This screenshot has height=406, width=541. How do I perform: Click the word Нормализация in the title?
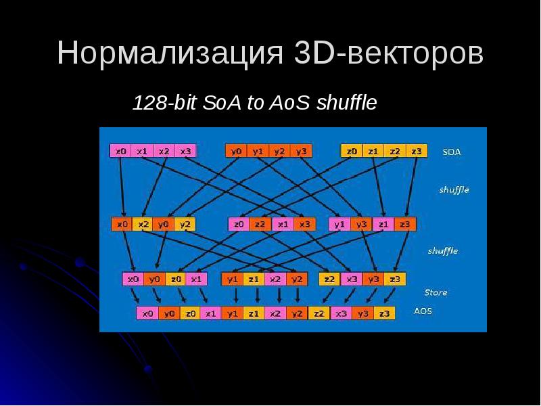click(168, 53)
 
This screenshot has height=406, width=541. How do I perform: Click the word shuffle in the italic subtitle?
click(346, 104)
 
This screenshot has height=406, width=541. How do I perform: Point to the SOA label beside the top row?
click(452, 152)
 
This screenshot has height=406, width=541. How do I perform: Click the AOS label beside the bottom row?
click(423, 312)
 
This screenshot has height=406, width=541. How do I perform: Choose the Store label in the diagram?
click(436, 292)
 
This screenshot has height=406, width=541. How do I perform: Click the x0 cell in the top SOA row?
click(121, 151)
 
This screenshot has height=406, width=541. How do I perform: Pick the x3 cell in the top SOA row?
click(185, 151)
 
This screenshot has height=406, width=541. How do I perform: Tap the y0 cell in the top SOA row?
click(236, 151)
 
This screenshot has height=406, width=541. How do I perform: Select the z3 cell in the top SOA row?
click(417, 151)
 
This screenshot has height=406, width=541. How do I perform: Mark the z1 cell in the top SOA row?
click(373, 151)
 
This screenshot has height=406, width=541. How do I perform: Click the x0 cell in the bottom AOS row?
click(147, 313)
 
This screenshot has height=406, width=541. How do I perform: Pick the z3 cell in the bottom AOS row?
click(383, 313)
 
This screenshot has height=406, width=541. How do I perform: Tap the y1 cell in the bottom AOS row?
click(233, 313)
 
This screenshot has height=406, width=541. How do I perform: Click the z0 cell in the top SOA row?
click(352, 151)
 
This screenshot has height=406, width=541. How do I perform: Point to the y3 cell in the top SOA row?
click(301, 151)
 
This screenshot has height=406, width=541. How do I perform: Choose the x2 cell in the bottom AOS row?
click(275, 313)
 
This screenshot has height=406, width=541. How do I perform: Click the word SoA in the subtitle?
click(218, 104)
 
